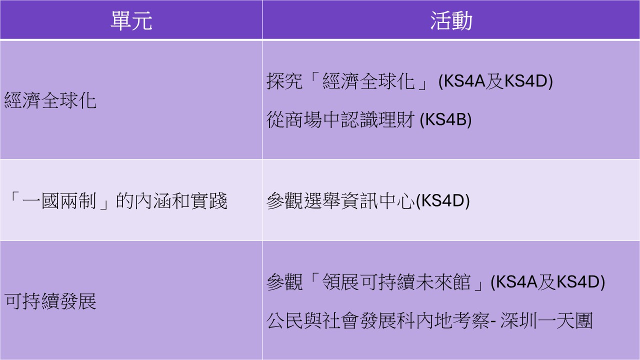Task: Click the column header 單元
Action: point(131,20)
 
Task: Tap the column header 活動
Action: point(451,20)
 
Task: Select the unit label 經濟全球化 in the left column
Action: point(50,100)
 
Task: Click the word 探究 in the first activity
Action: point(284,81)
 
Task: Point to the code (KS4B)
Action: point(445,119)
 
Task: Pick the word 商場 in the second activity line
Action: point(303,119)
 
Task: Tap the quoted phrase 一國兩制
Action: point(59,201)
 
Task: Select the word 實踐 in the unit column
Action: point(209,201)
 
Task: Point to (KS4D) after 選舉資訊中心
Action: point(442,201)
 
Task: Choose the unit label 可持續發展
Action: point(50,301)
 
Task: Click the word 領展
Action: point(340,282)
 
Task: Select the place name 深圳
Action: point(518,321)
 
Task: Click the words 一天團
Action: point(565,321)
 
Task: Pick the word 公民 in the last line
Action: point(284,321)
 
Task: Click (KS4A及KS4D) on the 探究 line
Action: point(495,81)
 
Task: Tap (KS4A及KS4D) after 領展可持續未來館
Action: point(547,282)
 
